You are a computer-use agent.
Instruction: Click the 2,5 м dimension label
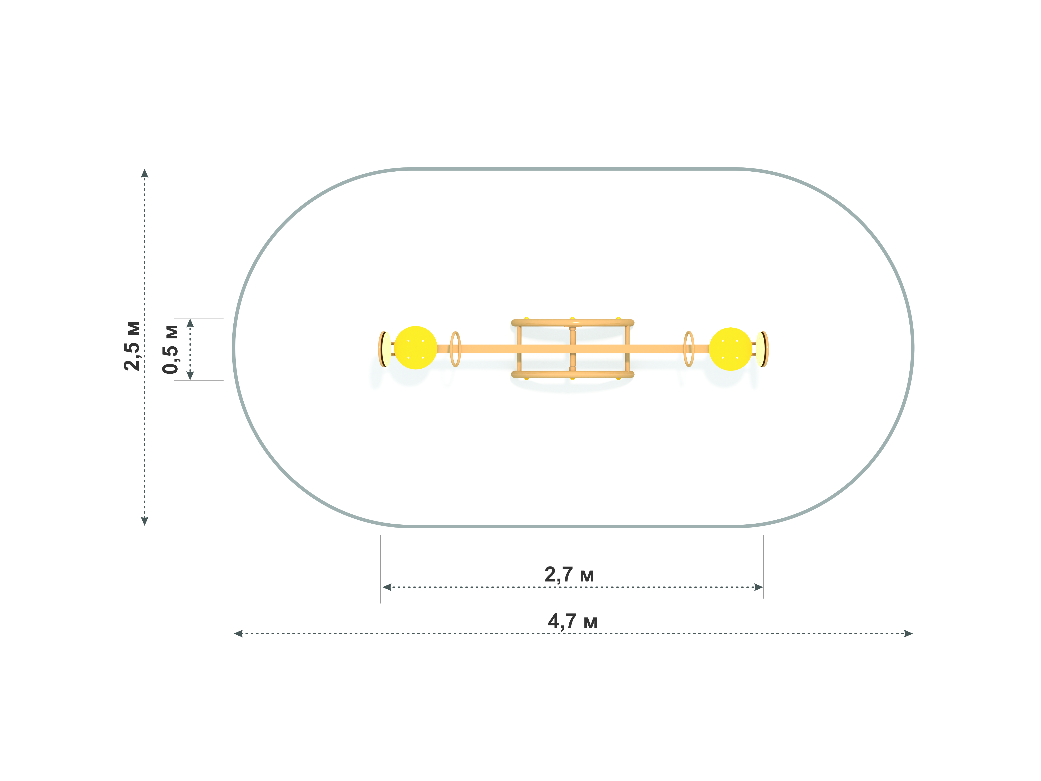pyautogui.click(x=132, y=346)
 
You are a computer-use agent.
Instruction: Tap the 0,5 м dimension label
pyautogui.click(x=170, y=349)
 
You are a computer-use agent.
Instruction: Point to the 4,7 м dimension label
pyautogui.click(x=573, y=621)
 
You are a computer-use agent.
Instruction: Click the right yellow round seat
pyautogui.click(x=730, y=349)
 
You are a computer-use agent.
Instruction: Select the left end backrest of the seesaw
pyautogui.click(x=385, y=349)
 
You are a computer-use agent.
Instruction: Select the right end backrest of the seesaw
pyautogui.click(x=762, y=349)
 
